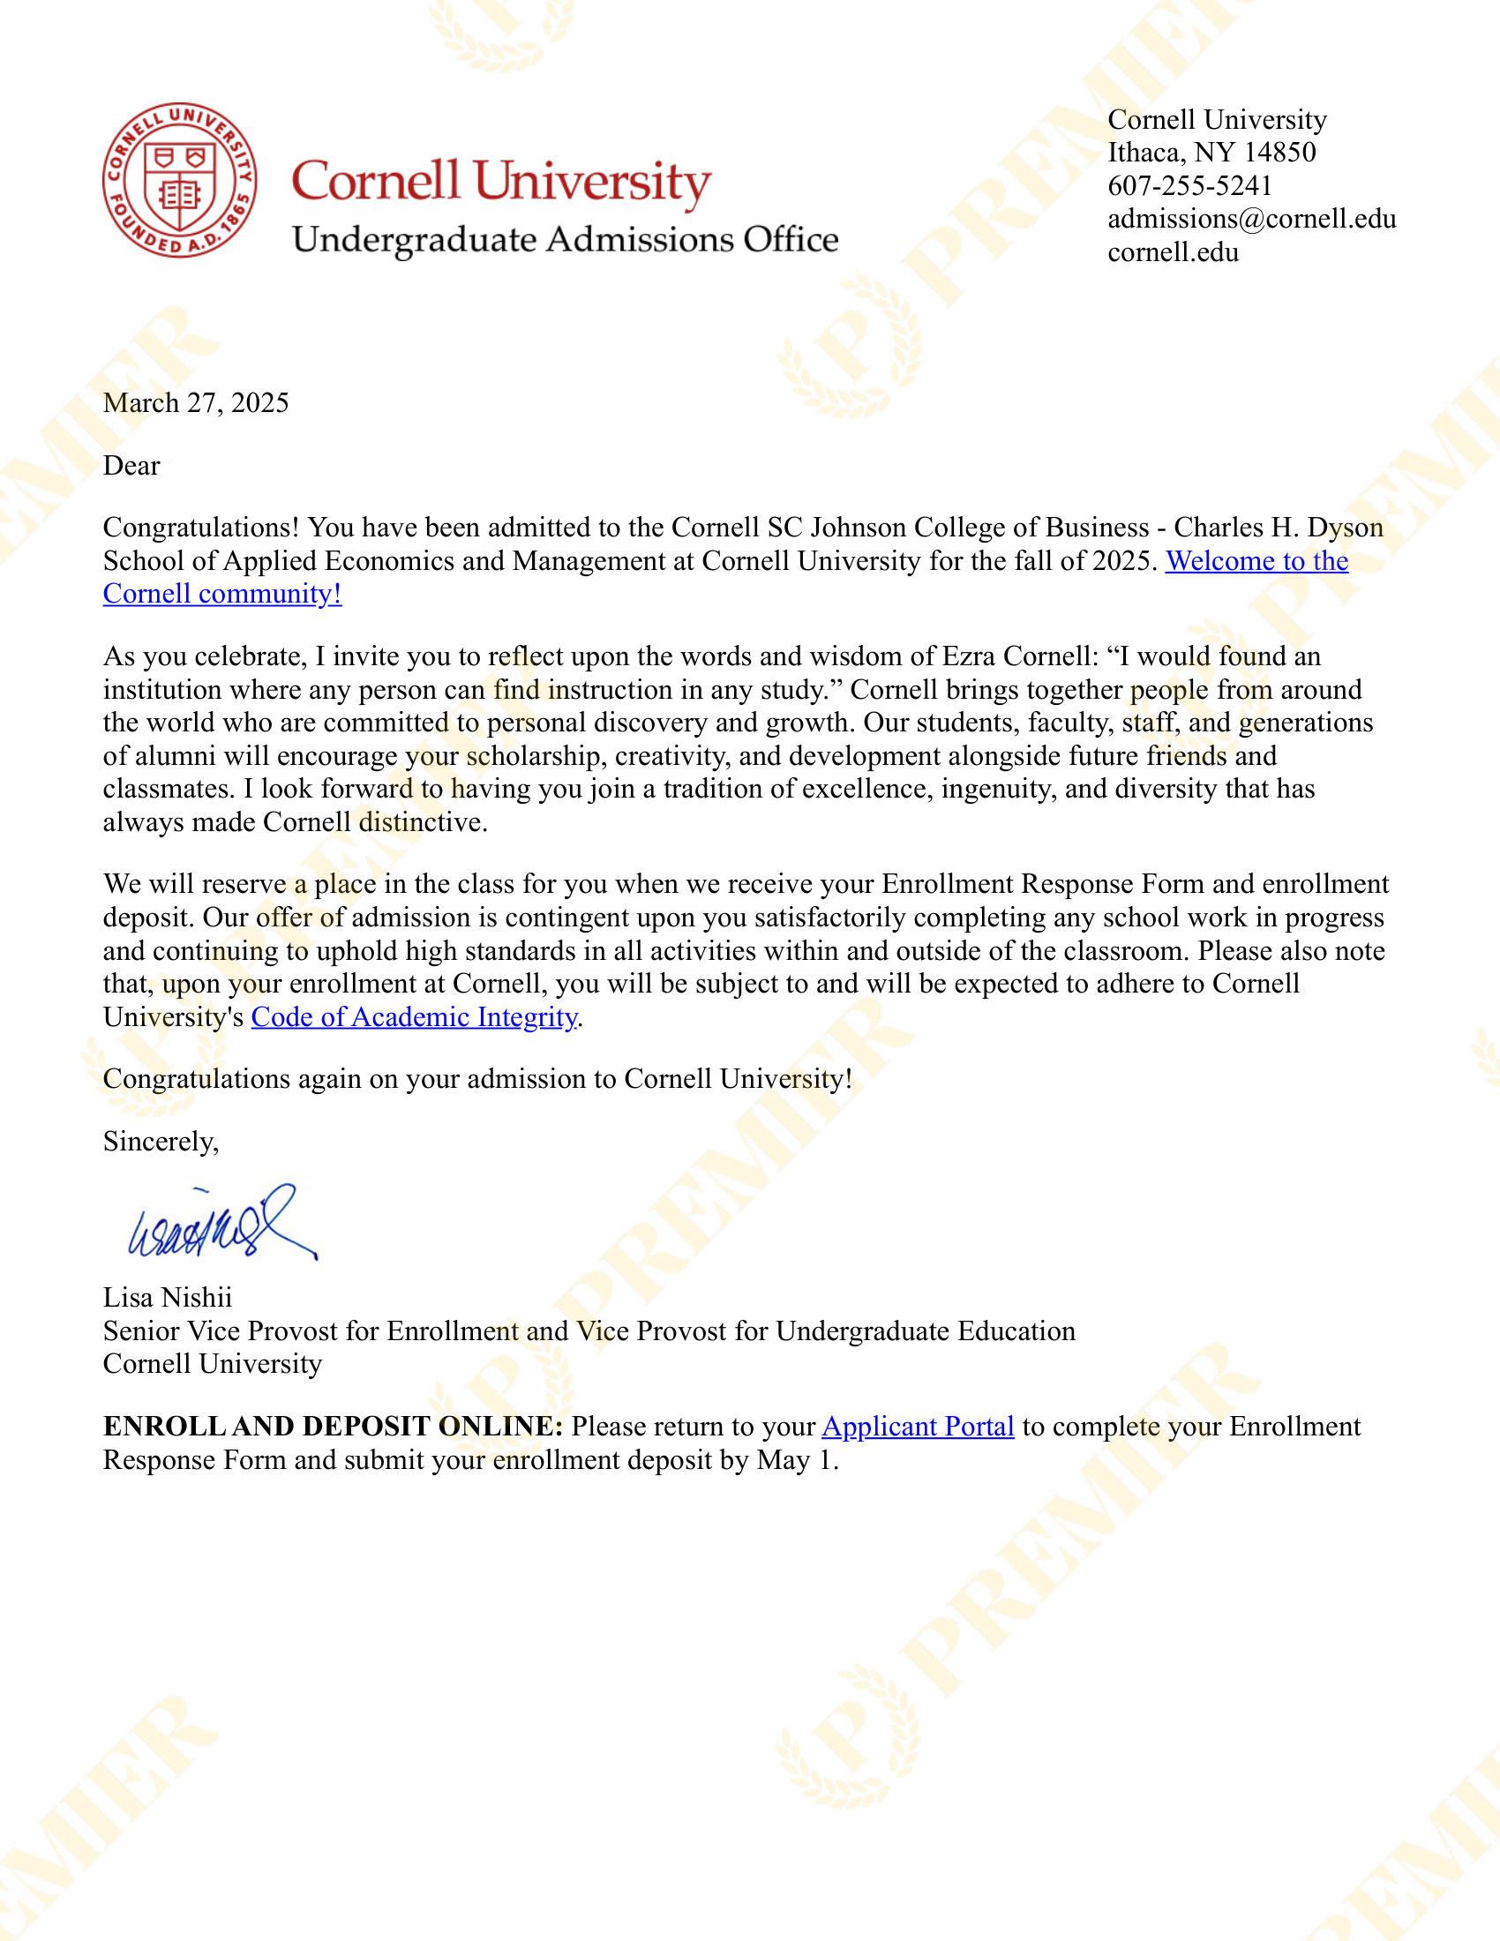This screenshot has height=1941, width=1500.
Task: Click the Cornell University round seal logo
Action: (x=179, y=179)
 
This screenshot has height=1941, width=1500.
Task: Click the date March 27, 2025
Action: (x=196, y=403)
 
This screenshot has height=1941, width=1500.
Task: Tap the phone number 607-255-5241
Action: (x=1189, y=186)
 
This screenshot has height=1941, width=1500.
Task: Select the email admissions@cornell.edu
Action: (x=1251, y=220)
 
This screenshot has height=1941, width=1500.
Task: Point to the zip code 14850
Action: (x=1279, y=153)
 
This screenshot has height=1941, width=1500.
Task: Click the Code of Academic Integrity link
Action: (x=414, y=1016)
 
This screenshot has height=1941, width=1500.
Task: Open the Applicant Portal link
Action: (x=917, y=1427)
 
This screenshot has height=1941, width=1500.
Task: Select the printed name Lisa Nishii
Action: (x=167, y=1298)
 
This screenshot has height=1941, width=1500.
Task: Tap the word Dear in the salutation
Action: (x=131, y=466)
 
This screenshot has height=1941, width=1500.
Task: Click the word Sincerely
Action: (x=160, y=1141)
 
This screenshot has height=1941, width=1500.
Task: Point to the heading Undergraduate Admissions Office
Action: (x=566, y=240)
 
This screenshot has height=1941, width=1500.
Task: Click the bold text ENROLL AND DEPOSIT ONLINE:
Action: (x=333, y=1427)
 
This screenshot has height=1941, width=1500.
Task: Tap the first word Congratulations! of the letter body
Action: (x=201, y=528)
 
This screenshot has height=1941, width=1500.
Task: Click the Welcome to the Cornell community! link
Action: (x=1256, y=562)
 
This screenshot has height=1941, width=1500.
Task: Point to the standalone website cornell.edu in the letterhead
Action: (x=1173, y=253)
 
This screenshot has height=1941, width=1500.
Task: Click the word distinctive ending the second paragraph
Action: (x=422, y=822)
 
